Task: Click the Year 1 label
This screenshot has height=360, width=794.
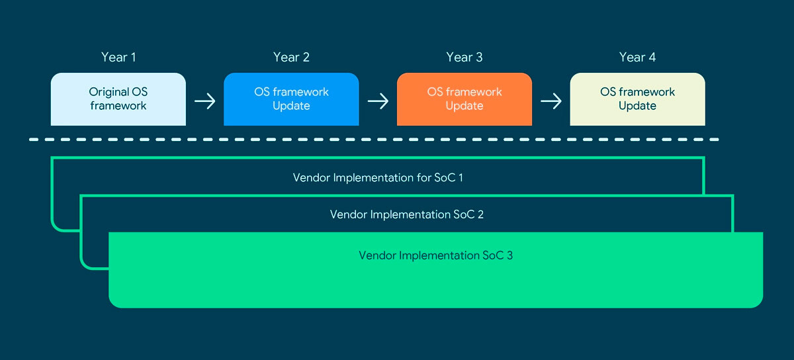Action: coord(118,57)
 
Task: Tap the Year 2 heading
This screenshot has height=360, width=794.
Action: coord(291,57)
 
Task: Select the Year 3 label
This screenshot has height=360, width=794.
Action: coord(464,57)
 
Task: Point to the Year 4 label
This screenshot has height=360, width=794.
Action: coord(637,57)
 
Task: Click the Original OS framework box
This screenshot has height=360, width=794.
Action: coord(118,99)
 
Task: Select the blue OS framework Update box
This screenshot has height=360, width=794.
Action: coord(291,99)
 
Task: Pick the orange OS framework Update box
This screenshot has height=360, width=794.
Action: coord(464,99)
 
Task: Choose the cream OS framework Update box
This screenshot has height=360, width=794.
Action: coord(637,99)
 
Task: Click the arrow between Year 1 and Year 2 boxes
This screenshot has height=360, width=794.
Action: coord(205,101)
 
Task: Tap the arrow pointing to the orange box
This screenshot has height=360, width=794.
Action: coord(378,101)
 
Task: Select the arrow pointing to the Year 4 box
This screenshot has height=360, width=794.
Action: coord(551,101)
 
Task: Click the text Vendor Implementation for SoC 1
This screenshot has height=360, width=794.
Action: coord(378,177)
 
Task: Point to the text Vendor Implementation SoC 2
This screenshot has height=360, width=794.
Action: coord(406,214)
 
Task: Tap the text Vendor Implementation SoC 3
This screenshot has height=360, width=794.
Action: coord(435,255)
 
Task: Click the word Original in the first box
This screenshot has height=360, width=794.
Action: coord(109,92)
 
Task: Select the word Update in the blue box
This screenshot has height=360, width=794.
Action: coord(291,106)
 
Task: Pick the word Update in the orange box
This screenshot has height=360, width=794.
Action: coord(464,106)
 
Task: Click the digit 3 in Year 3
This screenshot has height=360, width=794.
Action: coord(479,57)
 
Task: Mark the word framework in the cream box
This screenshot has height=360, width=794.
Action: coord(647,92)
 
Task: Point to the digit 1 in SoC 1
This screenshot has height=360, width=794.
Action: coord(461,177)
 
